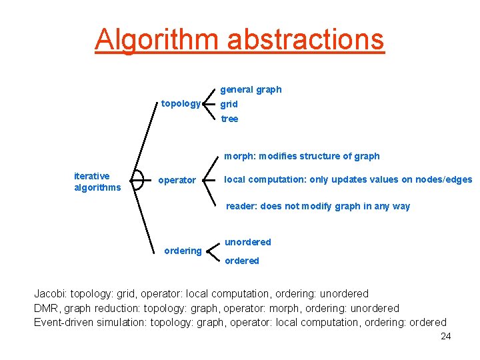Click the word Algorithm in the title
point(157,39)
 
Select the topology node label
point(181,103)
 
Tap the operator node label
point(177,180)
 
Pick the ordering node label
point(183,251)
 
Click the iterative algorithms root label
point(97,181)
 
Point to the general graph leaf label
point(251,89)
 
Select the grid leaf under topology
point(229,104)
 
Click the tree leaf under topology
point(229,119)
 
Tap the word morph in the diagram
point(238,156)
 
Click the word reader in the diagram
point(240,206)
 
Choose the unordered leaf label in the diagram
point(247,242)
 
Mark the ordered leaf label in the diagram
point(241,261)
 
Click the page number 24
point(446,336)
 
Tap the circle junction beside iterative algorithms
point(137,180)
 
